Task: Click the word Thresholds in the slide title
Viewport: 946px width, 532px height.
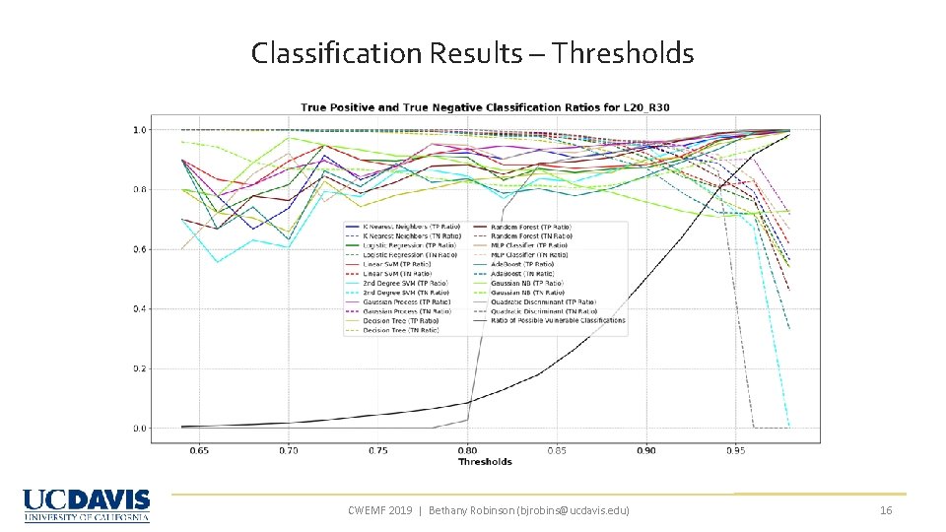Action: point(623,52)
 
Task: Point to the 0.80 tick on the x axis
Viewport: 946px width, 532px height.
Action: point(466,450)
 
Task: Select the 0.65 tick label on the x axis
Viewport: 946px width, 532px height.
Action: point(198,450)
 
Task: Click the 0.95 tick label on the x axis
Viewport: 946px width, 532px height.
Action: point(735,450)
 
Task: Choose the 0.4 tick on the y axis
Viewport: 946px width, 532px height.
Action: point(140,308)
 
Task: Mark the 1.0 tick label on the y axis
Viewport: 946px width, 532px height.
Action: point(140,129)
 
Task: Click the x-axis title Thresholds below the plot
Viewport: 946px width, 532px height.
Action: point(485,461)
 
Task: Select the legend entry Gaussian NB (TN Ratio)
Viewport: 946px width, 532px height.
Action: point(527,293)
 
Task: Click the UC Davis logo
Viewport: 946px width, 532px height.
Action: point(87,505)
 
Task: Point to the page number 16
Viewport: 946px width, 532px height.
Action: point(885,509)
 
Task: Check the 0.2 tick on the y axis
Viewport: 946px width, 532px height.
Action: point(140,368)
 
